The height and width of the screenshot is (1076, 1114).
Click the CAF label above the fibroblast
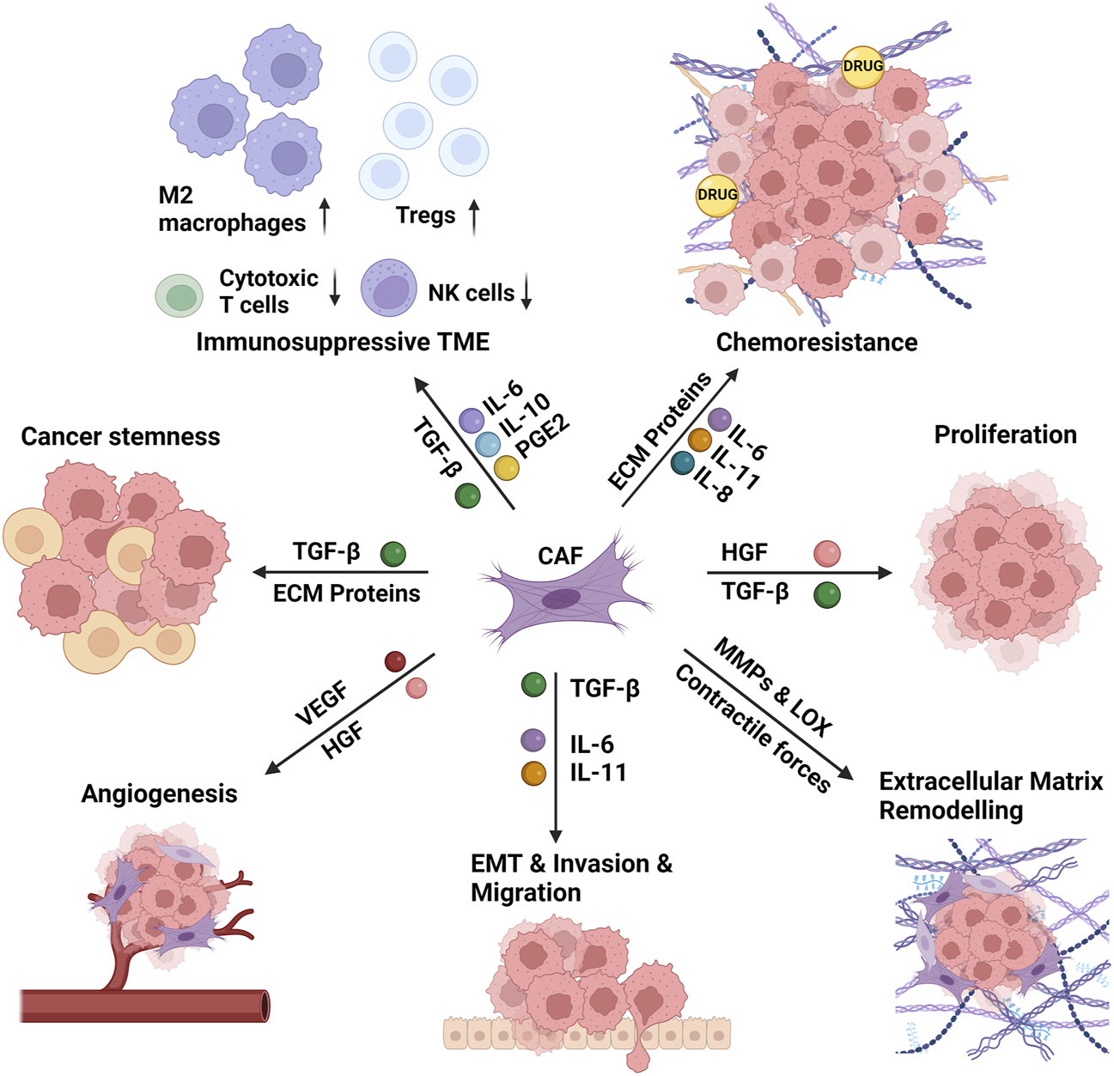click(x=560, y=556)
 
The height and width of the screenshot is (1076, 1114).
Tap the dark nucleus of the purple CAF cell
click(x=560, y=599)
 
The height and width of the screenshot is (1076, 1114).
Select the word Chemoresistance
click(x=816, y=343)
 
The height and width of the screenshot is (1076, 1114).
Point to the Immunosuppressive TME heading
click(x=343, y=342)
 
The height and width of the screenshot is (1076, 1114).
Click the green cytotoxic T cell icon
click(x=180, y=295)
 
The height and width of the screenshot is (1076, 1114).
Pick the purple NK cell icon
click(x=389, y=289)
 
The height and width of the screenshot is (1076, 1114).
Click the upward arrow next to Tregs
click(x=474, y=217)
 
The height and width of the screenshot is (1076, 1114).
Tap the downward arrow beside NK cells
click(x=527, y=292)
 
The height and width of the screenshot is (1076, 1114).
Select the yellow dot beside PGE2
click(x=506, y=468)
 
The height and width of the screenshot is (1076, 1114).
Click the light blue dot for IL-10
click(x=488, y=444)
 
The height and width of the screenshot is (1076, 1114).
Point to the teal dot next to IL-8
click(x=682, y=463)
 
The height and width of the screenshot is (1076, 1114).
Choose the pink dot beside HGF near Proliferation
click(x=826, y=553)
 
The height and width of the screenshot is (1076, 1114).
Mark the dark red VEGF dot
click(x=395, y=661)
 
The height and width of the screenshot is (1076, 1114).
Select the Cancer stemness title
click(x=120, y=436)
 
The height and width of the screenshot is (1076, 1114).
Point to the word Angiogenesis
click(x=159, y=793)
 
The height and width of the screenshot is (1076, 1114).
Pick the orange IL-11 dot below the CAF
click(x=533, y=773)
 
